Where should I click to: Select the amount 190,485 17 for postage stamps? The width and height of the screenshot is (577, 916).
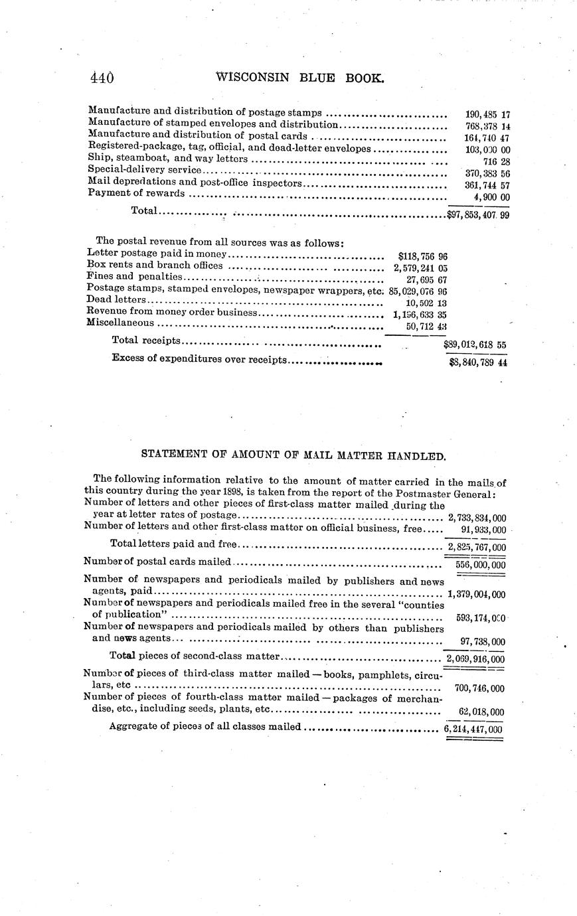[487, 114]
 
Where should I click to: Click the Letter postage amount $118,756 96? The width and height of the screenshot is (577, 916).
[422, 256]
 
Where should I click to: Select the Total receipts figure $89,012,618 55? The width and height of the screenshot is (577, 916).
[475, 345]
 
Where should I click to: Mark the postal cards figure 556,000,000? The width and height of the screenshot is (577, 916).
[480, 565]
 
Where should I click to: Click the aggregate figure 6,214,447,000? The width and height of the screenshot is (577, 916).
[473, 729]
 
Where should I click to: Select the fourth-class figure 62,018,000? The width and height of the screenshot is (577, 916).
[481, 712]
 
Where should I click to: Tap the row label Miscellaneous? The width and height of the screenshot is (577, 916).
[120, 323]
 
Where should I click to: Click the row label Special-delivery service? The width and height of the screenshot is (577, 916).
[143, 170]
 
